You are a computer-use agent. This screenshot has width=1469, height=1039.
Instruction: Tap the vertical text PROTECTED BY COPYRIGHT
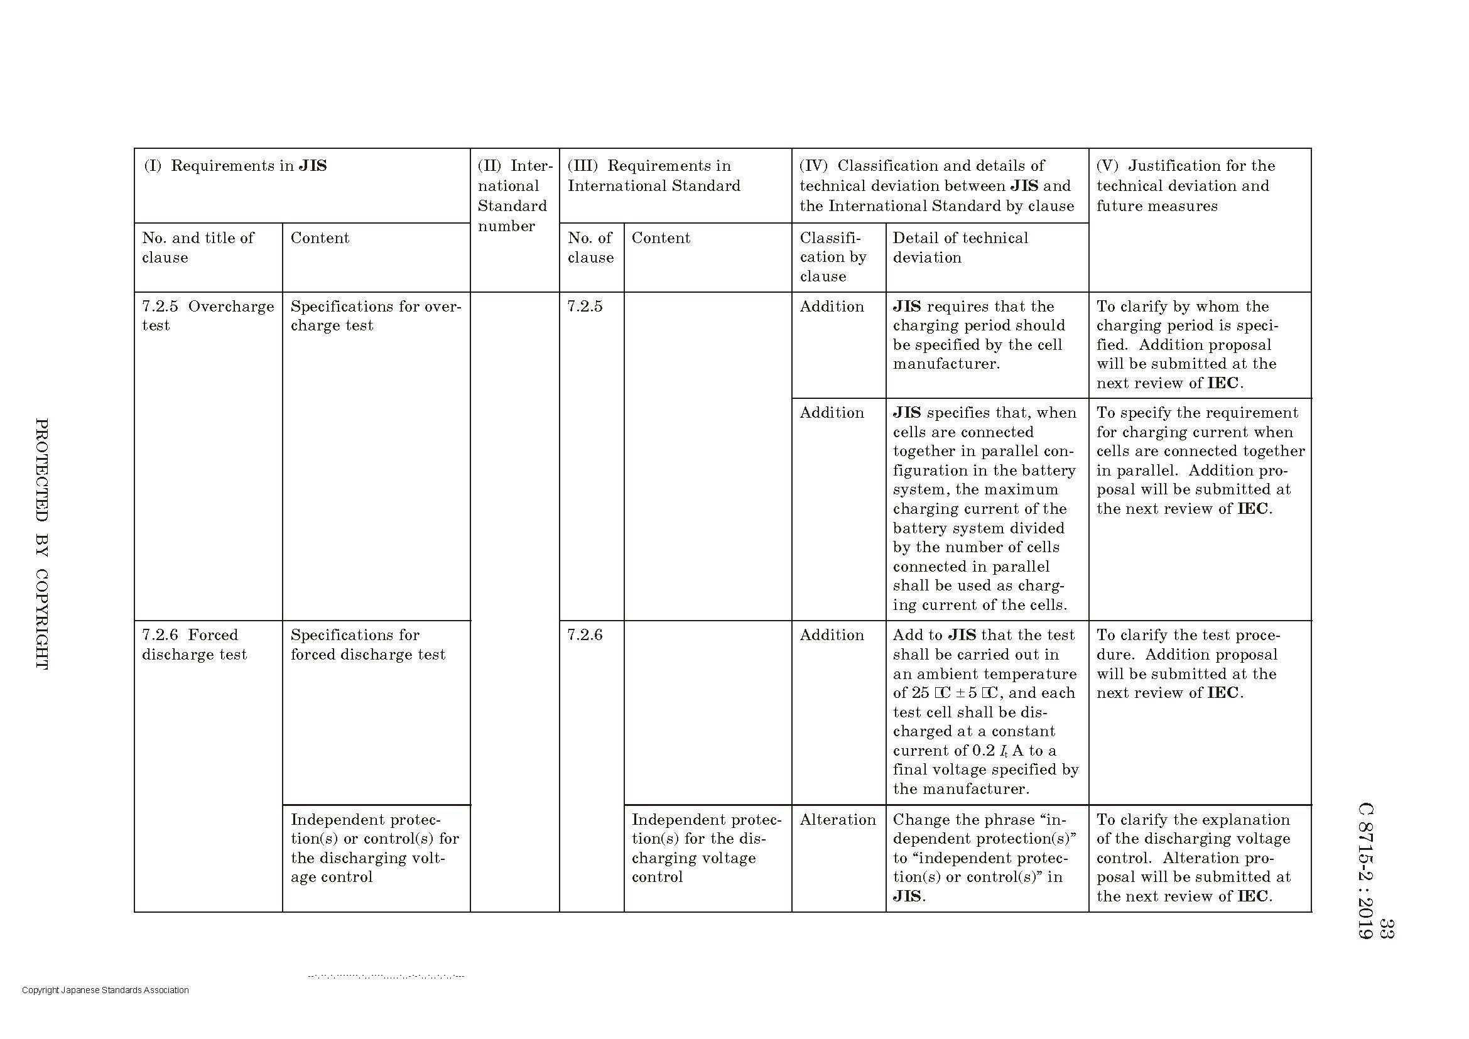point(41,544)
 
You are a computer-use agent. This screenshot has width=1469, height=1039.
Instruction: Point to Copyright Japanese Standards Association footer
point(106,990)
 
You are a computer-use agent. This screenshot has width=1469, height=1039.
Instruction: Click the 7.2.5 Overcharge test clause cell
point(208,316)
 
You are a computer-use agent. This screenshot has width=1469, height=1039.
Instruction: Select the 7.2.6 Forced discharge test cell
point(195,645)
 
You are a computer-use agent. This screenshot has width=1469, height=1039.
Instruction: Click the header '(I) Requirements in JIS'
point(236,166)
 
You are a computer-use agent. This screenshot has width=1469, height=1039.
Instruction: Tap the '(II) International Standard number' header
point(514,195)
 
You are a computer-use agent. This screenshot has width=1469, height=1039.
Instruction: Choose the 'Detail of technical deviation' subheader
point(960,248)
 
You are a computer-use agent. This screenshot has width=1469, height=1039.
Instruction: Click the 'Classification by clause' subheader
point(833,257)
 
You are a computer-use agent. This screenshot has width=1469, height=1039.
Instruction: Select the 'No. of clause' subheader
point(590,248)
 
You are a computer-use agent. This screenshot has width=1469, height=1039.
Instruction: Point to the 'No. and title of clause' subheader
point(198,248)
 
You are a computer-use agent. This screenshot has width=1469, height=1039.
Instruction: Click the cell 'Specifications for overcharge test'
point(376,316)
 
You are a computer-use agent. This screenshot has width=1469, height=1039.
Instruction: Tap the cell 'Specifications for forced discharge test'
point(368,645)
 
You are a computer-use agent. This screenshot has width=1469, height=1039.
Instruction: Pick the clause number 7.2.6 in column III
point(585,634)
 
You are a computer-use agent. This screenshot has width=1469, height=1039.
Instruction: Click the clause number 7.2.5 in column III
point(585,307)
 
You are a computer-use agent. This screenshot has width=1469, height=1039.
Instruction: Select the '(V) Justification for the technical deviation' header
point(1185,185)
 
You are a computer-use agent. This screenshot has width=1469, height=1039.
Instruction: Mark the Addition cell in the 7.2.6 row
point(832,634)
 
